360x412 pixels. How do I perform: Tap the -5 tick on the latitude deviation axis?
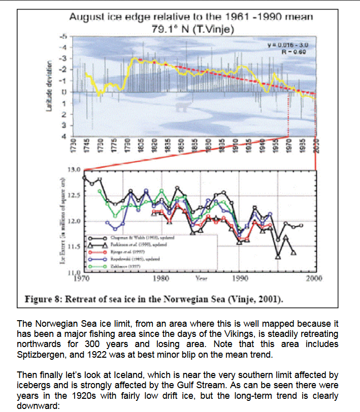point(64,37)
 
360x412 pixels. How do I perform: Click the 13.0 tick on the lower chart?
point(75,169)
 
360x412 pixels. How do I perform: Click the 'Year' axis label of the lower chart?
point(200,279)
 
